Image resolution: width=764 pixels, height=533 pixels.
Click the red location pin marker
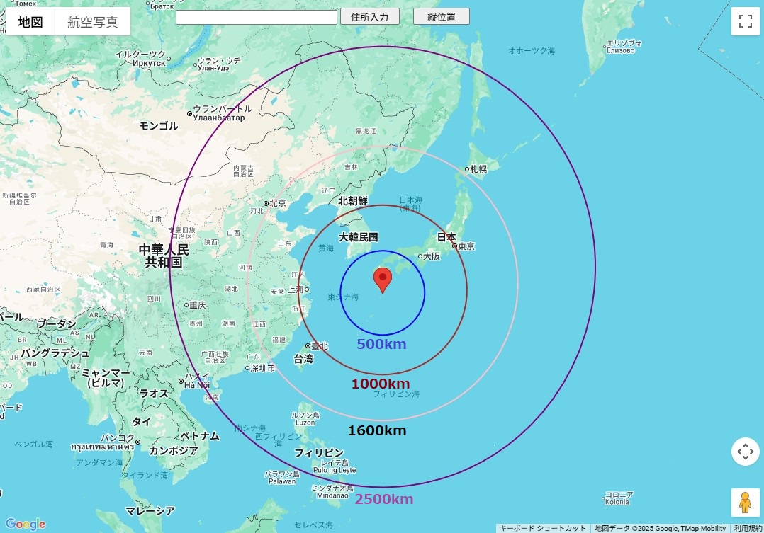click(383, 278)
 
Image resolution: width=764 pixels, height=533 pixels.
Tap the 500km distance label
click(381, 344)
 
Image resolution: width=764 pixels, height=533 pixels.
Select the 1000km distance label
click(381, 384)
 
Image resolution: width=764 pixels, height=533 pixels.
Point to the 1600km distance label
click(377, 430)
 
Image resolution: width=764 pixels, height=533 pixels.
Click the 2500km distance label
click(384, 499)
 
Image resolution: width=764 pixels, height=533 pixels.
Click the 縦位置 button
click(442, 16)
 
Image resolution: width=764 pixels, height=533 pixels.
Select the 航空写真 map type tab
click(93, 22)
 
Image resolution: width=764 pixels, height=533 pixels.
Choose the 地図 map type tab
click(30, 22)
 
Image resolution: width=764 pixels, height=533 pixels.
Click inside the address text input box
click(256, 17)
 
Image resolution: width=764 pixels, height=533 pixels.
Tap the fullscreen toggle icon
click(745, 21)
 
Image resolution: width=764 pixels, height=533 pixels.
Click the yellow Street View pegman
click(745, 502)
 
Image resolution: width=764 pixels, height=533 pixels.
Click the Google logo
click(26, 524)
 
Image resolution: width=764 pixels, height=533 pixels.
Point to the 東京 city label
click(466, 246)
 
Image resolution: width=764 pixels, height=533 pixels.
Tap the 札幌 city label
click(478, 169)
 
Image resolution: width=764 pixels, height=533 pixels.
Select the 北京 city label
click(277, 203)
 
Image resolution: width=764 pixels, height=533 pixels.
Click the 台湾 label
click(303, 359)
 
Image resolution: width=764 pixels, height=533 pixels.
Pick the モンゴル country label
click(159, 126)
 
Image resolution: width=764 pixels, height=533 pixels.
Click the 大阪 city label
click(432, 256)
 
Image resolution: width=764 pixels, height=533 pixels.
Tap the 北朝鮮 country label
click(353, 200)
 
